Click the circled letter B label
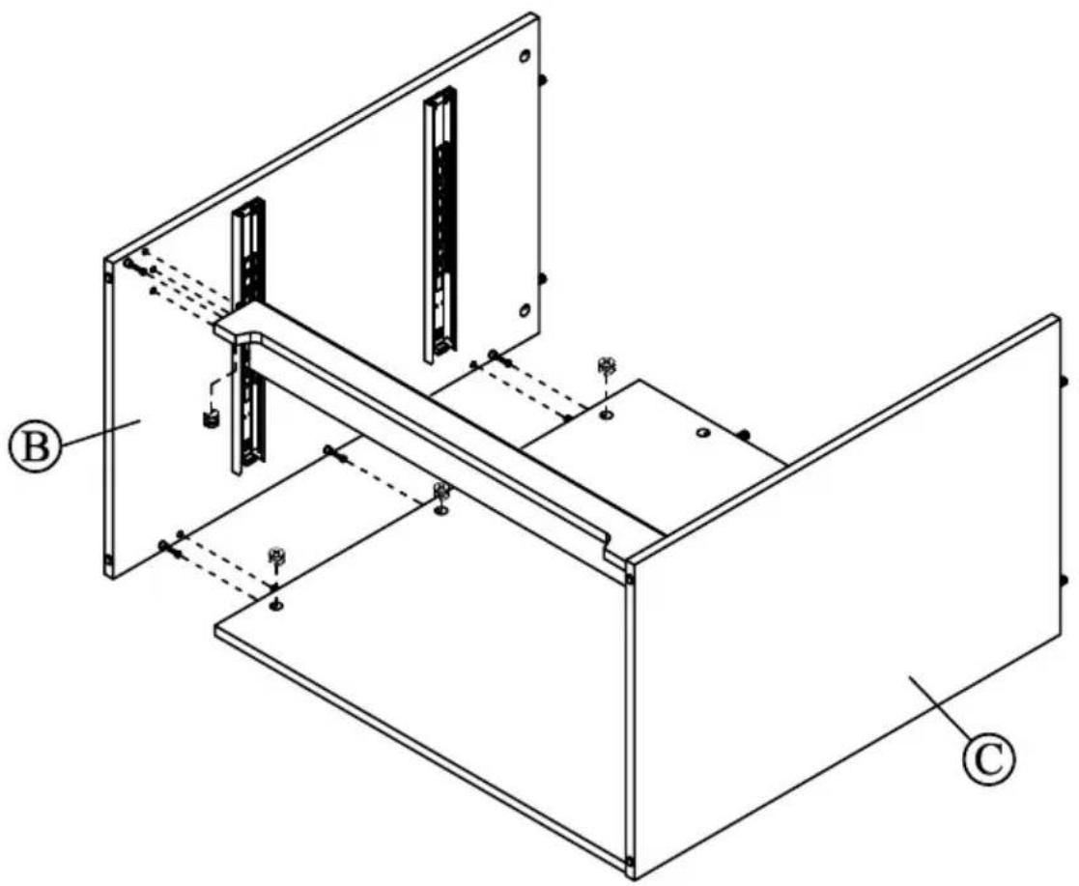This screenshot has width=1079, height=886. pos(36,447)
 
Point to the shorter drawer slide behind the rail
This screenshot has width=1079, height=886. pos(247,338)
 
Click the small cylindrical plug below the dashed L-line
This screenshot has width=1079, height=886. pos(206,419)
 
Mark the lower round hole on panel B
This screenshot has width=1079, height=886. pos(524,310)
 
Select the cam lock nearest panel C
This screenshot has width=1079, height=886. pos(607,367)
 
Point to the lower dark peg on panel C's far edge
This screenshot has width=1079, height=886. pos(1065,580)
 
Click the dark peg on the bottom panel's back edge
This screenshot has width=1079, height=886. pos(746,434)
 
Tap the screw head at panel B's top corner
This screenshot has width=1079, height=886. pos(128,263)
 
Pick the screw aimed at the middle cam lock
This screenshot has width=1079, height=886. pos(333,450)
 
